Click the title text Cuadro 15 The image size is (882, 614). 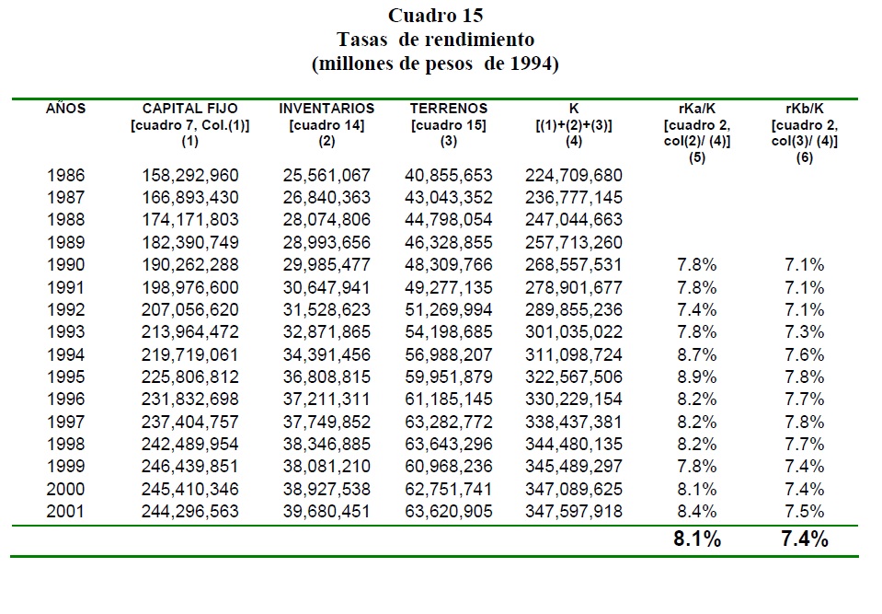(x=435, y=16)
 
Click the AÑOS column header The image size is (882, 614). (x=65, y=109)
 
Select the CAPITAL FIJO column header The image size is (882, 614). (x=190, y=109)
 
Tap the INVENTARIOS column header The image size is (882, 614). (x=326, y=109)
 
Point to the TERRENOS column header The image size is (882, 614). (x=448, y=109)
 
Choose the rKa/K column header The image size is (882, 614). (x=695, y=109)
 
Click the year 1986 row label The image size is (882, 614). (x=65, y=175)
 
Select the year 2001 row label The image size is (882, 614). (x=65, y=511)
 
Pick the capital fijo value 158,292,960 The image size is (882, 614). (x=190, y=175)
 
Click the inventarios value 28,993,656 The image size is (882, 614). (x=326, y=242)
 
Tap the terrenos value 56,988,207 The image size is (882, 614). (x=448, y=354)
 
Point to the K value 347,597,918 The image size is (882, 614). (x=573, y=511)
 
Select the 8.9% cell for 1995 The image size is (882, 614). (x=695, y=377)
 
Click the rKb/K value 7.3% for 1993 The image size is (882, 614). (x=805, y=331)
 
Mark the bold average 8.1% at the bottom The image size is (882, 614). (x=696, y=540)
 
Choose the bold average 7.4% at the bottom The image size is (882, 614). (x=804, y=540)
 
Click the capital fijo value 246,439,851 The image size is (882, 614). (x=190, y=466)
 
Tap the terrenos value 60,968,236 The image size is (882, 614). (x=448, y=466)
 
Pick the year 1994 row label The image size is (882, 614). (x=65, y=354)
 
